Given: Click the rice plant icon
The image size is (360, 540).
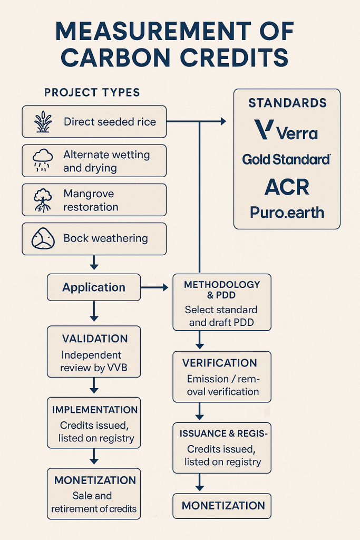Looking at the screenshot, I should [42, 122].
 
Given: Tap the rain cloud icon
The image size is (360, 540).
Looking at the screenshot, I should [42, 160].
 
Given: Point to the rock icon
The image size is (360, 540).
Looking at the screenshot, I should [42, 239].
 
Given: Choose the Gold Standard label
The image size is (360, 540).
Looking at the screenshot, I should [286, 159].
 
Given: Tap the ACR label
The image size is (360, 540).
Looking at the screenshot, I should [287, 187].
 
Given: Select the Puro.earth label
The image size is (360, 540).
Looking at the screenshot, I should [287, 213].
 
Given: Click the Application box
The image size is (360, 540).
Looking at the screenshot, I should [94, 287].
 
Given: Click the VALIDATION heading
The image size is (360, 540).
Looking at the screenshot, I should [95, 339].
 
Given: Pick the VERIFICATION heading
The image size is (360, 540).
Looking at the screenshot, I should [220, 363].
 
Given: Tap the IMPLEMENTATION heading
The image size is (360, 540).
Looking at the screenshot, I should [95, 410].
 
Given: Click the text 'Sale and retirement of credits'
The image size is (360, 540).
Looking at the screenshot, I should [94, 502].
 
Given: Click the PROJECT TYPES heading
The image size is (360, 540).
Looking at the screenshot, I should [92, 93].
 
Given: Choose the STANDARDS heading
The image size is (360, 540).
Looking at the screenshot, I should [287, 103].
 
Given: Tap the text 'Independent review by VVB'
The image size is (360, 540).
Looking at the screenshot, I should [91, 361].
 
